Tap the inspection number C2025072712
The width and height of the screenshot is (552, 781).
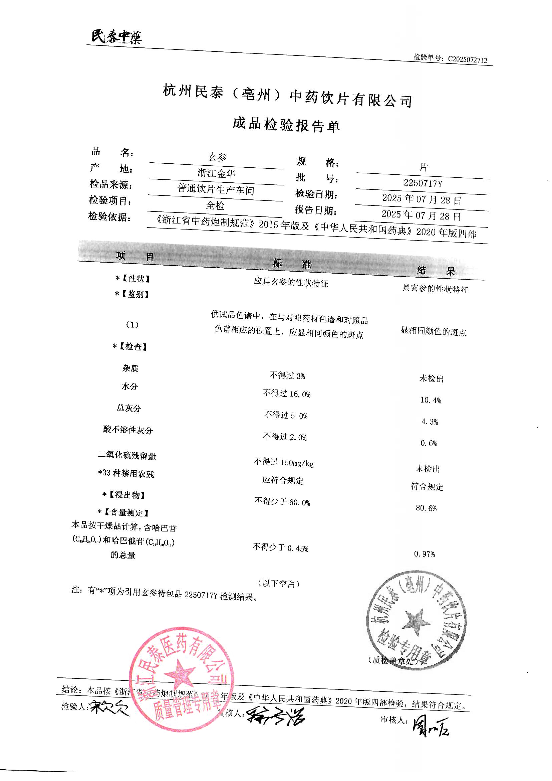coord(467,60)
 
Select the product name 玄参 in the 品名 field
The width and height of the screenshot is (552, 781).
coord(217,157)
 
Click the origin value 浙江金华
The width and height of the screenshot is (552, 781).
coord(217,173)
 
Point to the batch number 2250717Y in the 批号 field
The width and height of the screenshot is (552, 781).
coord(423,183)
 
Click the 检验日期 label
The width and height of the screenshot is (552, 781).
coord(316,194)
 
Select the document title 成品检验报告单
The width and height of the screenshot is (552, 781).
coord(286,125)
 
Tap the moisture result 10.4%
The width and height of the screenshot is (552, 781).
coord(430,400)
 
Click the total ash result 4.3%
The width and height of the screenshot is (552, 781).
coord(430,422)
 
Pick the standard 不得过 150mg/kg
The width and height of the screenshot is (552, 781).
coord(284,462)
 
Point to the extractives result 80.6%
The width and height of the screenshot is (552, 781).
coord(426,508)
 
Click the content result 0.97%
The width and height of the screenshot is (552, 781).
coord(424,554)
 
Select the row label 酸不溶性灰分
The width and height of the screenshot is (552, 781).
coord(128,430)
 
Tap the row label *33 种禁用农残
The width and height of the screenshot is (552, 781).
coord(126,473)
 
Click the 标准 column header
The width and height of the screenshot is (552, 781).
coord(292,263)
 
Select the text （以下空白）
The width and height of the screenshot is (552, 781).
coord(278,584)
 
